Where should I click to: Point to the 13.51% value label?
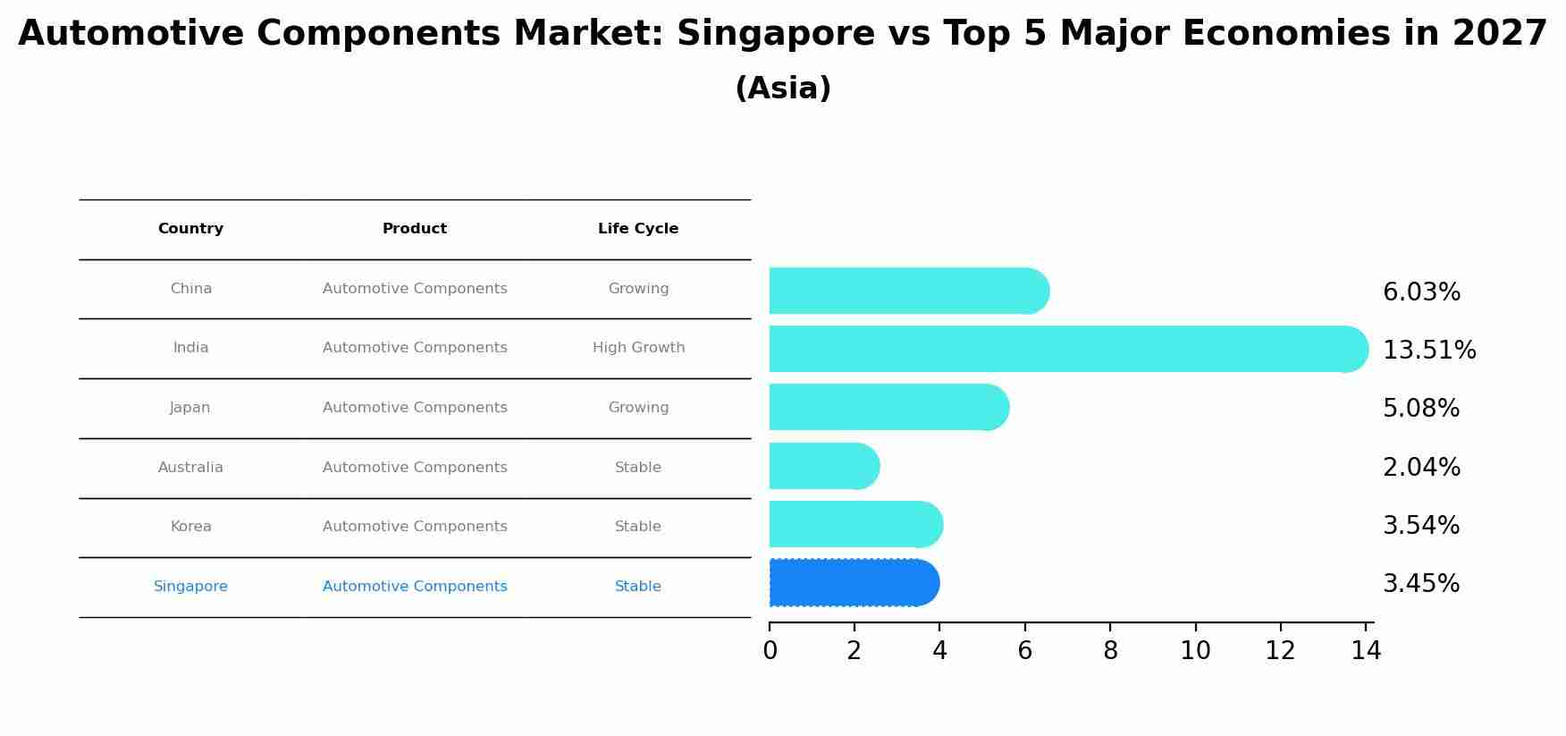1428,351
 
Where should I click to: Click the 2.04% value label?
1421,468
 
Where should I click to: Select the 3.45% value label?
1420,584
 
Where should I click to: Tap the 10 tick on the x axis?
1195,651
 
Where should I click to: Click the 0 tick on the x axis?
770,651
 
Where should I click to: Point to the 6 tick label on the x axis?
1024,651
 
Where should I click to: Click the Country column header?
190,229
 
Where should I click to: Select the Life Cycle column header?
638,229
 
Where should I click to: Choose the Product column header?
415,229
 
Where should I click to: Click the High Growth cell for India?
638,348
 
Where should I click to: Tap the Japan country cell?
190,408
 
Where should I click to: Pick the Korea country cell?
190,527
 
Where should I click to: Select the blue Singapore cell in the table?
190,587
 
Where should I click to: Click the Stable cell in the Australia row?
638,468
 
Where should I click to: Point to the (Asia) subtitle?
783,89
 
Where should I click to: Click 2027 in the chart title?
1499,34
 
